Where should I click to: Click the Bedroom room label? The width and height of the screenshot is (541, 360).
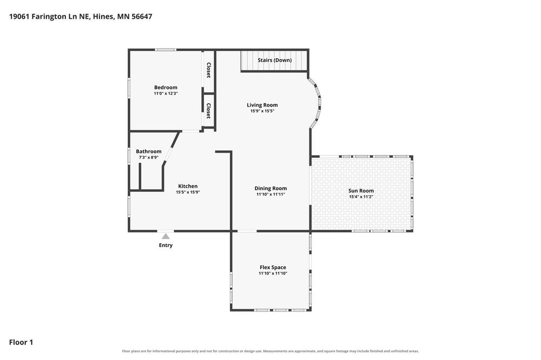(x=166, y=88)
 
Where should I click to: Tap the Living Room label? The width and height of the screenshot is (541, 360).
(x=262, y=105)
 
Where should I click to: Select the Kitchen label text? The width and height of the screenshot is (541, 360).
(x=188, y=186)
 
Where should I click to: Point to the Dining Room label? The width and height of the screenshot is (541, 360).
(x=270, y=188)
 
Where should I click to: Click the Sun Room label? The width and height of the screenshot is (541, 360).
(x=361, y=191)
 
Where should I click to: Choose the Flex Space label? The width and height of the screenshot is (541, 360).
(x=273, y=267)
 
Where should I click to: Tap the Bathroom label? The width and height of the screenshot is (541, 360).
(x=149, y=151)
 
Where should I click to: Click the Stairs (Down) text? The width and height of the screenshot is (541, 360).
(x=275, y=60)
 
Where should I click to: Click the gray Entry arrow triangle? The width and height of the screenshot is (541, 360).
(x=166, y=237)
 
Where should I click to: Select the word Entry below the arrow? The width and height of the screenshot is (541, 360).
(x=166, y=245)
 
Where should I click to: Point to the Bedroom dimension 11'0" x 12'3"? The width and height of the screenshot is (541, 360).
(x=166, y=94)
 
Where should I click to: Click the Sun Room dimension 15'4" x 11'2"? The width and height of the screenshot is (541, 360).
(x=361, y=197)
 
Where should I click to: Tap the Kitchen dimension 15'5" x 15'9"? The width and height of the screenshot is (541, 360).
(x=188, y=192)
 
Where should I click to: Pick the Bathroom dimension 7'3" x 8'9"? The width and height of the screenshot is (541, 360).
(x=149, y=158)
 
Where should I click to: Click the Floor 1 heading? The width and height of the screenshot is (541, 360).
(x=21, y=342)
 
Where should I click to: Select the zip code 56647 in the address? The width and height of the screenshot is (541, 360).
(x=142, y=17)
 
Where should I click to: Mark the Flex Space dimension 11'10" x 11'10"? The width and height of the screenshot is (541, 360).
(x=273, y=274)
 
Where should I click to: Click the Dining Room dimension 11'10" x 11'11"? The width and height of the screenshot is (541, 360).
(x=270, y=195)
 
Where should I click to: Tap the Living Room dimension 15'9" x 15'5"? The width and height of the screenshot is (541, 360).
(x=262, y=111)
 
